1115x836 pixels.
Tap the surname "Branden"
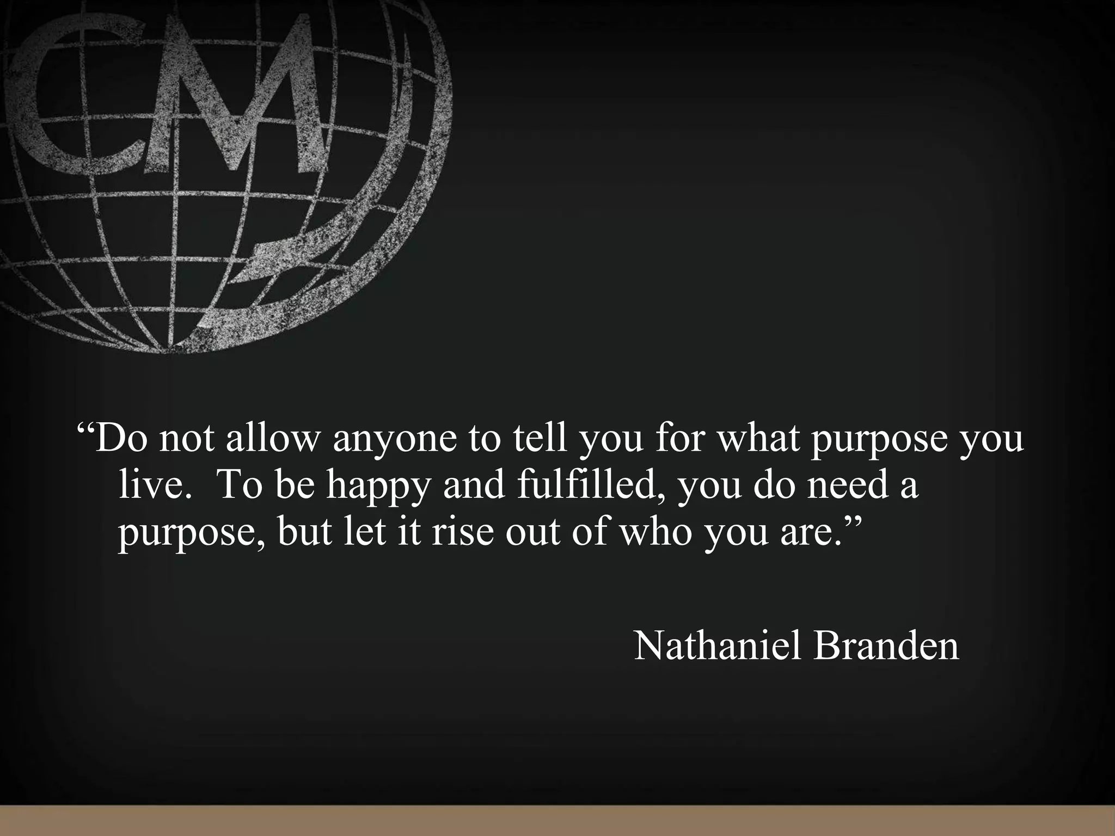tap(886, 646)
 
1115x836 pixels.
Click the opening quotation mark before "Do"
tap(85, 427)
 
